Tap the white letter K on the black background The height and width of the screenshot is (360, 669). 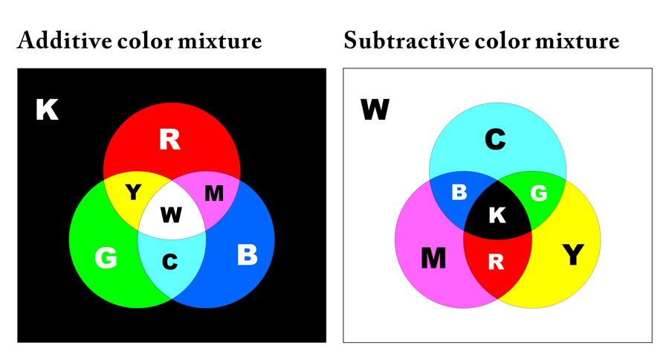pos(47,111)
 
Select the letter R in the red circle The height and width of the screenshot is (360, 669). pos(170,140)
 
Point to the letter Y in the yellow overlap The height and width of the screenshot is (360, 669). pos(133,193)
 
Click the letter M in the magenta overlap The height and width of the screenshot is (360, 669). pos(214,194)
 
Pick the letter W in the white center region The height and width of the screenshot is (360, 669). pos(171,216)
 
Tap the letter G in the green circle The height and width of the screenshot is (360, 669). pos(106,258)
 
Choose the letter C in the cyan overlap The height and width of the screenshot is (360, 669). pos(170,262)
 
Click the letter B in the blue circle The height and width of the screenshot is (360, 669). pos(247,255)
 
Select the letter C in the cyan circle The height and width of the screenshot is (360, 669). pos(496,139)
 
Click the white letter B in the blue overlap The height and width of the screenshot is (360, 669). pos(459,193)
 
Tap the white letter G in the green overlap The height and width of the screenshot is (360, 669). pos(539,193)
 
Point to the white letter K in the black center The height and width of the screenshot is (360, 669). pos(497,216)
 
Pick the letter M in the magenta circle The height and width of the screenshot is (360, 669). pos(433,258)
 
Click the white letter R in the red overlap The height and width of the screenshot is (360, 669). pos(497,262)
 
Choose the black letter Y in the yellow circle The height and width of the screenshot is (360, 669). pos(572,255)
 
